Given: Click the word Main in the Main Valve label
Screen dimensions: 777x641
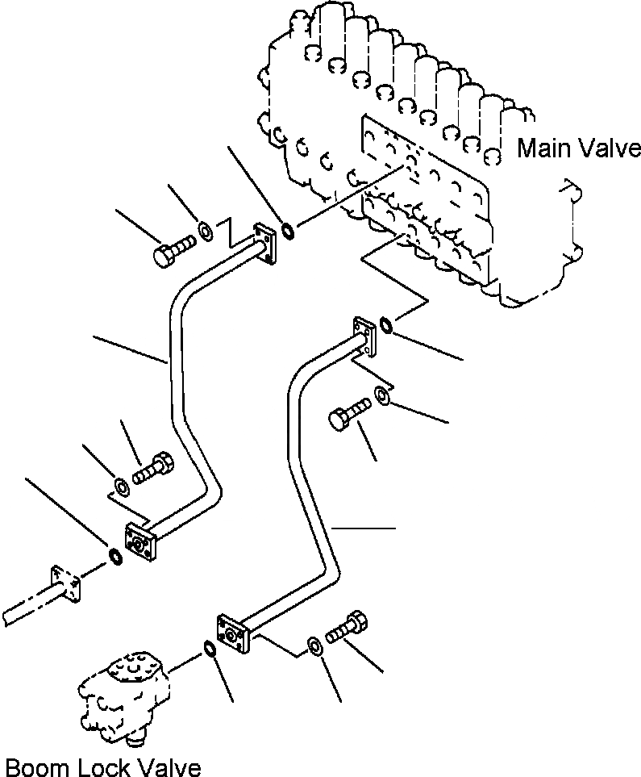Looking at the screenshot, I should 543,148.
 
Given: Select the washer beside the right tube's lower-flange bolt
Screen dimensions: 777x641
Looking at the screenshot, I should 314,645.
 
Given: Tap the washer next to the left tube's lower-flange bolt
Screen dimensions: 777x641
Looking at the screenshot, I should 121,487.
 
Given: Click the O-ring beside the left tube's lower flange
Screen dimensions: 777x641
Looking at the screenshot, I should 114,556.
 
